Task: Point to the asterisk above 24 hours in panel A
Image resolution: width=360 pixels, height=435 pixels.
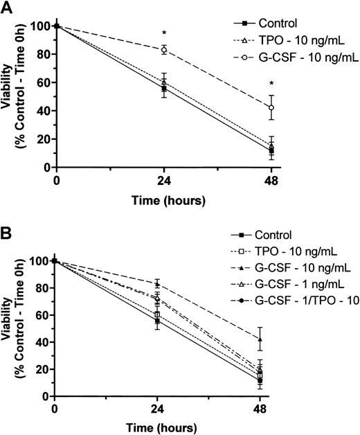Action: click(164, 34)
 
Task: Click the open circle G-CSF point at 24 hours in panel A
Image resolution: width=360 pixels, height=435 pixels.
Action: click(164, 50)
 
